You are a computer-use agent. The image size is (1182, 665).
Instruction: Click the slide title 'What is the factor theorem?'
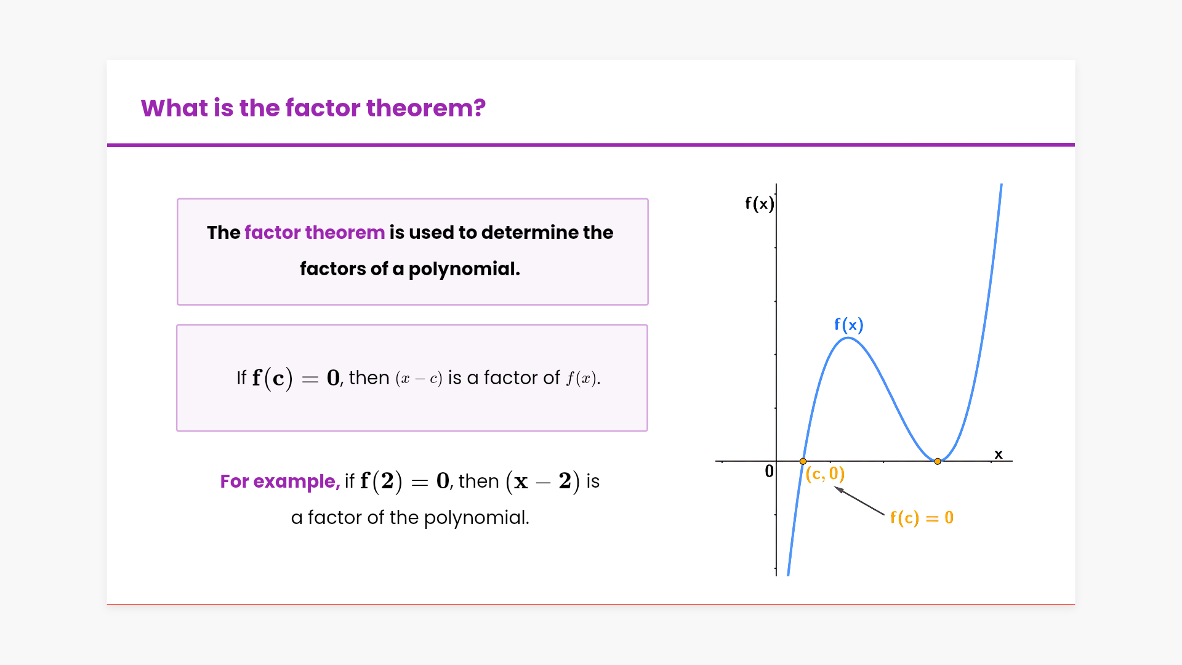(313, 108)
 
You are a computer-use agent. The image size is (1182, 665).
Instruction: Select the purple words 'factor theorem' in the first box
(315, 233)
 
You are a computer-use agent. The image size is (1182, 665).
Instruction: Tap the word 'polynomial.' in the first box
(464, 269)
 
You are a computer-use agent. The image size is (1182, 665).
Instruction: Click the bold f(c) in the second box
(272, 378)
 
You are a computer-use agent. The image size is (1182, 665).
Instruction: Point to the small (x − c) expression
(419, 379)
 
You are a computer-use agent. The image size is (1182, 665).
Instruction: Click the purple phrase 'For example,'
(280, 482)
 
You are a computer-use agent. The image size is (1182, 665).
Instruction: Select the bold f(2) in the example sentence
(381, 481)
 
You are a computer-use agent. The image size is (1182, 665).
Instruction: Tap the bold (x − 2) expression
(542, 482)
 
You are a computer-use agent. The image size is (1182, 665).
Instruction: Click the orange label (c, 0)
(825, 474)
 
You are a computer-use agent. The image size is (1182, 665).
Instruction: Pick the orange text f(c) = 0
(922, 518)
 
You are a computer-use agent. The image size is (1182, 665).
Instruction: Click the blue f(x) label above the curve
(849, 324)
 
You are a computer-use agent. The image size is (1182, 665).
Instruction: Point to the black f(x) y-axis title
(759, 204)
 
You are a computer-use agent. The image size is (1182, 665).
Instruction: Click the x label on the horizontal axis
(999, 454)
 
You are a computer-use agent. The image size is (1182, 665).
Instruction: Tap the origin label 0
(769, 472)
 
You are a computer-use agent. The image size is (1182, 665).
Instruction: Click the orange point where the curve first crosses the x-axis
(803, 461)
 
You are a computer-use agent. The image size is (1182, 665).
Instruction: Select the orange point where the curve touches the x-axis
(938, 461)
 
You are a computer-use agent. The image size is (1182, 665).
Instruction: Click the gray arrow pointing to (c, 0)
(859, 501)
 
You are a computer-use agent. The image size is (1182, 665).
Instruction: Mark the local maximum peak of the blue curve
(848, 338)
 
